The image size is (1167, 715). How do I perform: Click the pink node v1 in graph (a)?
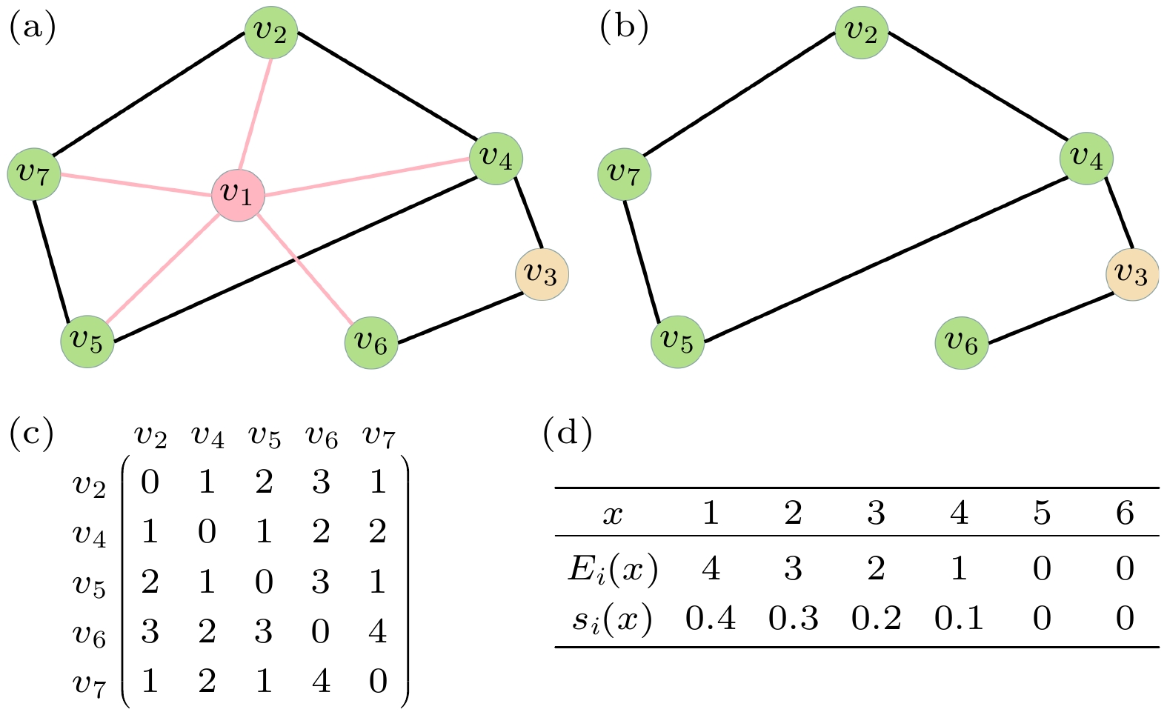pos(238,195)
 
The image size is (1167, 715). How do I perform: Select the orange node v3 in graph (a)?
pos(542,274)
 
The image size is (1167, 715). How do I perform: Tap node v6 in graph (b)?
pos(962,342)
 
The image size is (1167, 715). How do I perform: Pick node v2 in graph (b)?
pos(861,32)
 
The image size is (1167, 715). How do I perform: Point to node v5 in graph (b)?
pos(677,341)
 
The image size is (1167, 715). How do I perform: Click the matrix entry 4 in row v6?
pos(378,631)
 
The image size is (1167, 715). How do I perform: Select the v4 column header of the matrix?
pos(207,437)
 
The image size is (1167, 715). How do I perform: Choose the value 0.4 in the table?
pos(711,618)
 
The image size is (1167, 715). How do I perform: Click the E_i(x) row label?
pos(612,568)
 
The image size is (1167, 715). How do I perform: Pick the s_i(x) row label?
pos(612,618)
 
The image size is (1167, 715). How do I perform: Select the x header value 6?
pos(1125,513)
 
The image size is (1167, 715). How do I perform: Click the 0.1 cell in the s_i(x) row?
pos(959,618)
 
